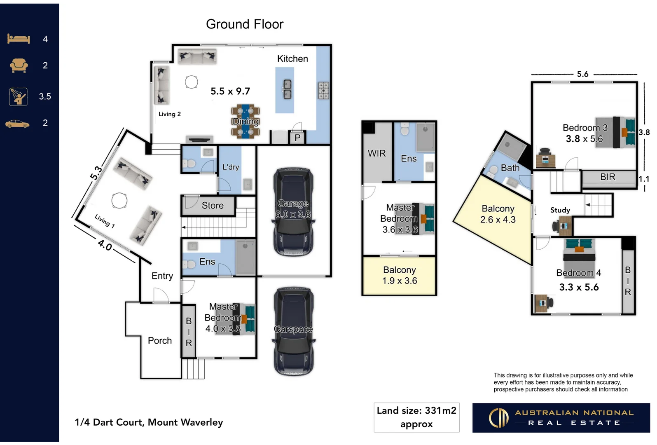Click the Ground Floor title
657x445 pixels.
pyautogui.click(x=245, y=24)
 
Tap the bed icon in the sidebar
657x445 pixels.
pyautogui.click(x=19, y=39)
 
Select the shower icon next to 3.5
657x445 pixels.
pyautogui.click(x=19, y=96)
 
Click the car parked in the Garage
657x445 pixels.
pyautogui.click(x=293, y=212)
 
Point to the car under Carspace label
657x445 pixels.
pyautogui.click(x=293, y=332)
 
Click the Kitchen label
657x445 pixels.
pyautogui.click(x=292, y=59)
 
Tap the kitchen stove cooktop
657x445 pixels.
pyautogui.click(x=323, y=90)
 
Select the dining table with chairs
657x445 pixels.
pyautogui.click(x=245, y=121)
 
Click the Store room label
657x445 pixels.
pyautogui.click(x=213, y=205)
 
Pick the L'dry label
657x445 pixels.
pyautogui.click(x=231, y=167)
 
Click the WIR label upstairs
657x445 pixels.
pyautogui.click(x=376, y=153)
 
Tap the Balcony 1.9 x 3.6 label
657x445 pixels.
pyautogui.click(x=399, y=275)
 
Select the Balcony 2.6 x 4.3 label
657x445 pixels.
pyautogui.click(x=498, y=214)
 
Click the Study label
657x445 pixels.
pyautogui.click(x=560, y=210)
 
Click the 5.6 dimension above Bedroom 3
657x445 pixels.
pyautogui.click(x=582, y=74)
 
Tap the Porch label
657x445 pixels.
pyautogui.click(x=160, y=340)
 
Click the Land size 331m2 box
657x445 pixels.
pyautogui.click(x=416, y=417)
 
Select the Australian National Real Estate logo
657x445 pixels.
pyautogui.click(x=561, y=417)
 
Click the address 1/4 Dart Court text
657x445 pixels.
pyautogui.click(x=149, y=422)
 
